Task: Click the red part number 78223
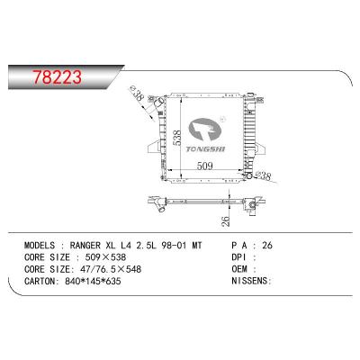coord(57,76)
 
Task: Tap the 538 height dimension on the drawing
coord(177,138)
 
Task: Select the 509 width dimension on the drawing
coord(204,166)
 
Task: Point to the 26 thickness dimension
coord(227,221)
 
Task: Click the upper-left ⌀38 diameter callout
coord(138,94)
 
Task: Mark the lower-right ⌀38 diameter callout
coord(262,175)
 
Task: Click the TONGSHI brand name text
coord(205,149)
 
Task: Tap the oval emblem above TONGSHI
coord(205,130)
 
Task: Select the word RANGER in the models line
coord(85,246)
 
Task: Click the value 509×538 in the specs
coord(105,257)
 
